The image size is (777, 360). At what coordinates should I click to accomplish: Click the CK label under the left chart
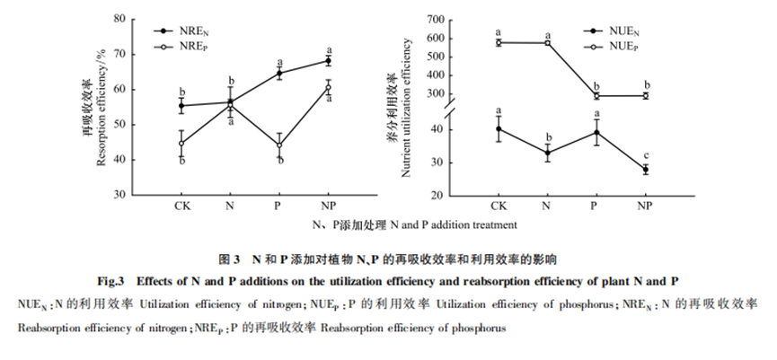(x=181, y=206)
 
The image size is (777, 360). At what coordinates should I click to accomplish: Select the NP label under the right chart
(x=643, y=206)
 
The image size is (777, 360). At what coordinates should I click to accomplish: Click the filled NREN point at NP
(x=329, y=61)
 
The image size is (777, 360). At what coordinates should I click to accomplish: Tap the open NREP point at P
(x=279, y=145)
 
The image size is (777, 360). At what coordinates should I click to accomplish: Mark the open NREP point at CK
(x=181, y=143)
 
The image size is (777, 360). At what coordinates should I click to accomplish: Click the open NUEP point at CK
(x=499, y=42)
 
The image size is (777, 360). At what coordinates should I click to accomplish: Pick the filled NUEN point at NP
(x=644, y=169)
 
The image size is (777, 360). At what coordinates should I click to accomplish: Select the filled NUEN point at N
(x=547, y=153)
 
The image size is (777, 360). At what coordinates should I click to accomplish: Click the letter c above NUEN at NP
(x=644, y=154)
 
